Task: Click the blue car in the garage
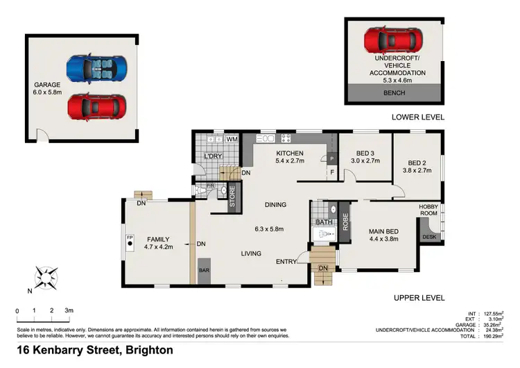(x=97, y=69)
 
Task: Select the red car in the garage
(x=97, y=106)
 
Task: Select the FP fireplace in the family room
(x=129, y=243)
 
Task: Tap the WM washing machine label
(x=232, y=140)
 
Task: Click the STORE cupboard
(x=232, y=197)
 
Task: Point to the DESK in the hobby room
(x=428, y=237)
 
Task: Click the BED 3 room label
(x=365, y=153)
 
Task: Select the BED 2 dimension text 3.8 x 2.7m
(x=417, y=170)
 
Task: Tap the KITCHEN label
(x=290, y=153)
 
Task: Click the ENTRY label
(x=286, y=262)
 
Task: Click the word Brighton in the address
(x=146, y=350)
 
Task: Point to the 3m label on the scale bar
(x=69, y=310)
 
